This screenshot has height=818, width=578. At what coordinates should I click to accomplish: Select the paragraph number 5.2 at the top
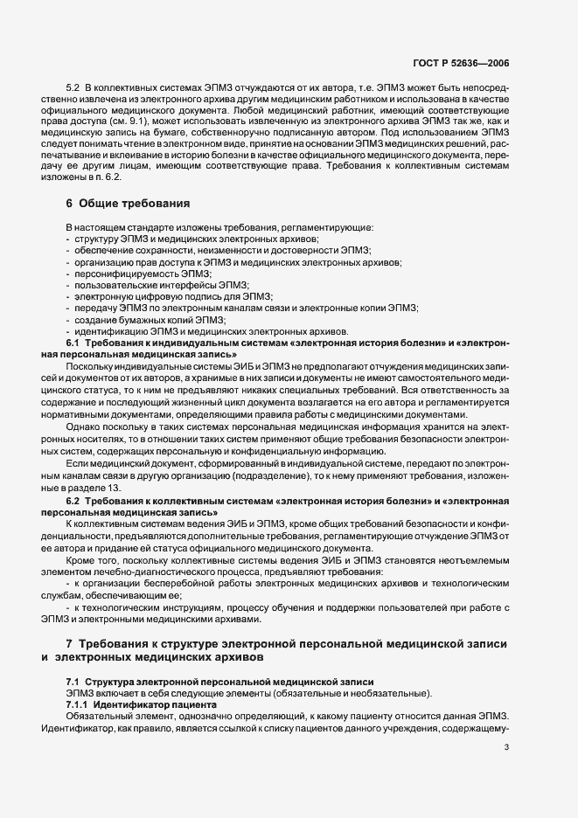(73, 90)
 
